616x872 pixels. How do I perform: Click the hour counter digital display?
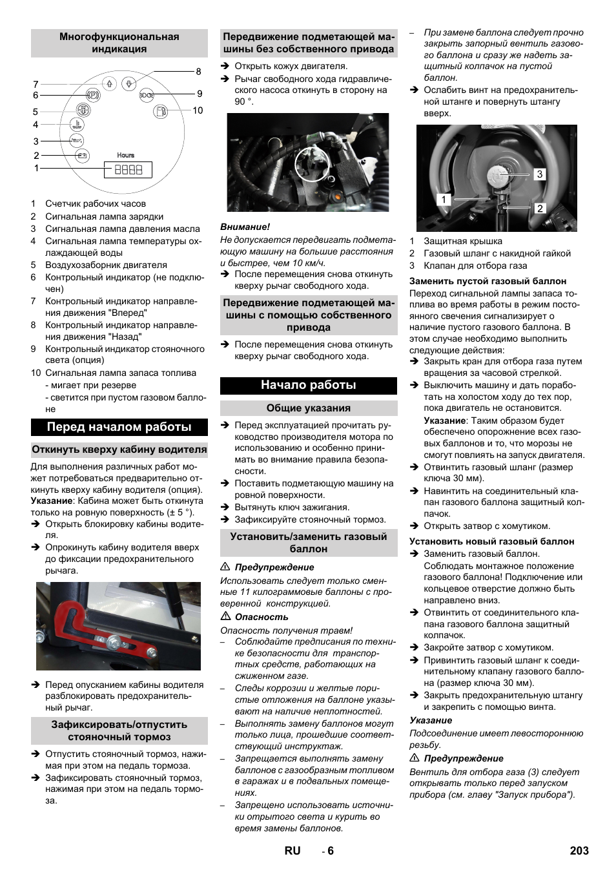click(x=128, y=170)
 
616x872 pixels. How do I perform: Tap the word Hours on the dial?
click(x=126, y=155)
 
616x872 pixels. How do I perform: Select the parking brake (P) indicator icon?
click(x=93, y=96)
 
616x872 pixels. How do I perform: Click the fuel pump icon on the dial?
click(x=160, y=112)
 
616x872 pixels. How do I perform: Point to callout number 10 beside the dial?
click(x=198, y=110)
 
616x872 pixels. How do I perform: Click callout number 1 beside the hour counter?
click(x=37, y=168)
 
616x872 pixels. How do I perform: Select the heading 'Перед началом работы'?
click(x=119, y=427)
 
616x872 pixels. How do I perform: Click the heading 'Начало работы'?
click(x=308, y=385)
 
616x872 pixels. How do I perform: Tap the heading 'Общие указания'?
click(x=308, y=408)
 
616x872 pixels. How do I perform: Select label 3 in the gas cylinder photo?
click(x=539, y=174)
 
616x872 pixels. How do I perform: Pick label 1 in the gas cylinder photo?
click(x=443, y=200)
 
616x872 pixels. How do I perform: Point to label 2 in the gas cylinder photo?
click(x=540, y=208)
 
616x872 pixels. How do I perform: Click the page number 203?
click(x=579, y=851)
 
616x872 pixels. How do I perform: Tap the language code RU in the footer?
click(x=292, y=851)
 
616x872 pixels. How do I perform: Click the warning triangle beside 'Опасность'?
click(x=225, y=616)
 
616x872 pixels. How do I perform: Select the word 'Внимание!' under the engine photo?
click(x=245, y=227)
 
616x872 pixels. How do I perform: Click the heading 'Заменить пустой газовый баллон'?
click(x=488, y=281)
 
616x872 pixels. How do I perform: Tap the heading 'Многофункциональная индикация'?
click(x=119, y=43)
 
